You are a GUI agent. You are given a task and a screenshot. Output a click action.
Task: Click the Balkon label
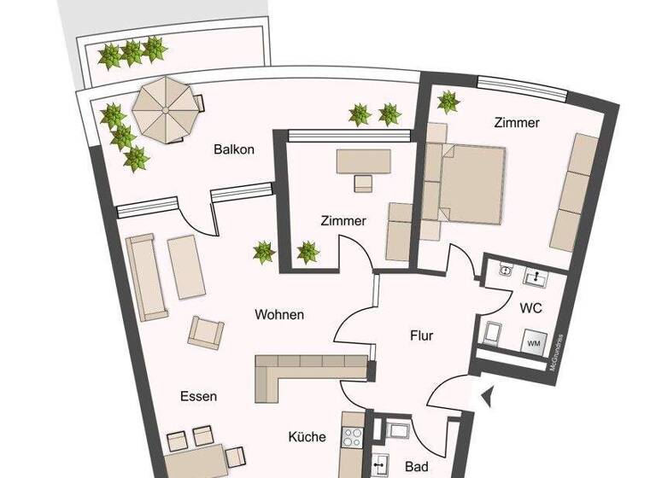pyautogui.click(x=234, y=149)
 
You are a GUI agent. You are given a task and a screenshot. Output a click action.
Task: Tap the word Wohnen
pyautogui.click(x=279, y=315)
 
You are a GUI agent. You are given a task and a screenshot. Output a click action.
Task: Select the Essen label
pyautogui.click(x=198, y=396)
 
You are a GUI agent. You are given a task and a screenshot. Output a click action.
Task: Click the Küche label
pyautogui.click(x=307, y=437)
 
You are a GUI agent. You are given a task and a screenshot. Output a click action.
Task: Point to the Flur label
pyautogui.click(x=421, y=335)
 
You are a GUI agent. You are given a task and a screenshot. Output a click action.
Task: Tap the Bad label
pyautogui.click(x=416, y=467)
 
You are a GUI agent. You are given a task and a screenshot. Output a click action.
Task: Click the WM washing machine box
pyautogui.click(x=533, y=343)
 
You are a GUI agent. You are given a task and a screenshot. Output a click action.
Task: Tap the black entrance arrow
pyautogui.click(x=487, y=396)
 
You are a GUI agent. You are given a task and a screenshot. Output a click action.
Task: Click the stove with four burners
pyautogui.click(x=352, y=438)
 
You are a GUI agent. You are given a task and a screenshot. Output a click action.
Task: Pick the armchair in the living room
pyautogui.click(x=206, y=331)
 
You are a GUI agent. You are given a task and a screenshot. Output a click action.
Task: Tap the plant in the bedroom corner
pyautogui.click(x=448, y=102)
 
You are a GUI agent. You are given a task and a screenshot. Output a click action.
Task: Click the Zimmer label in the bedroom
pyautogui.click(x=517, y=123)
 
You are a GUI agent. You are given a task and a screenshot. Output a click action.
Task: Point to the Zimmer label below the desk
pyautogui.click(x=343, y=221)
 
